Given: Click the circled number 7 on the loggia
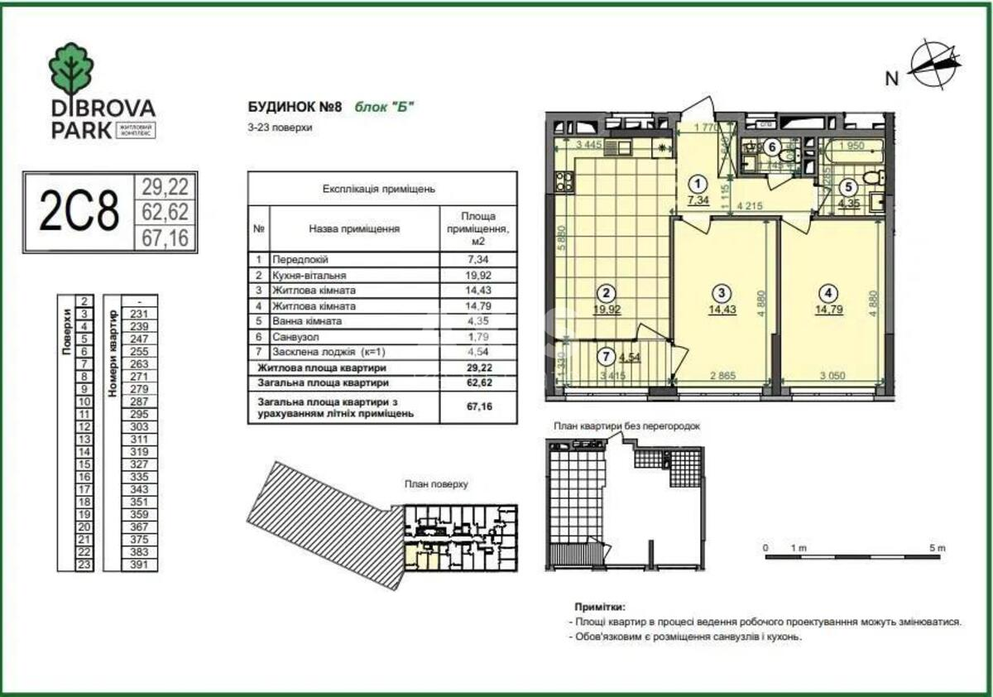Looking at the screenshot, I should (x=607, y=358).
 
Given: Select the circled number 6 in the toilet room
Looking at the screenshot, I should (x=771, y=148).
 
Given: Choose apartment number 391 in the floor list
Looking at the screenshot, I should (x=139, y=565).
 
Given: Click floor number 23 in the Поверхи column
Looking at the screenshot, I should (x=84, y=565).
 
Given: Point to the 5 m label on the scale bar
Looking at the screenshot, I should (x=936, y=548).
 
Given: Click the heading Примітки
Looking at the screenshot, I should (x=599, y=607).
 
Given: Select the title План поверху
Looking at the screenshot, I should (x=437, y=484).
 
